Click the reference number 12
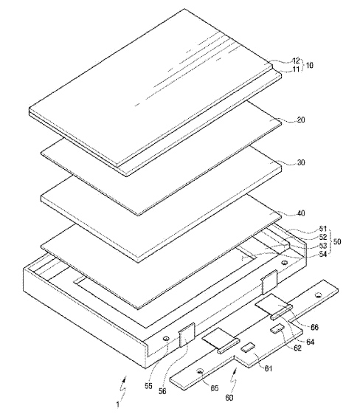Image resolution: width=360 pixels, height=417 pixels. pyautogui.click(x=296, y=61)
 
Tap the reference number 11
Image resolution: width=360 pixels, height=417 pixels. pyautogui.click(x=296, y=69)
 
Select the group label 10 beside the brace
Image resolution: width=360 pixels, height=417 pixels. pyautogui.click(x=310, y=65)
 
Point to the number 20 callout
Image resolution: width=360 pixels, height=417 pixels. pyautogui.click(x=301, y=120)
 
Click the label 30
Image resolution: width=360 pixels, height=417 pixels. pyautogui.click(x=301, y=162)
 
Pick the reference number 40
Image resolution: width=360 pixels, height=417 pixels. pyautogui.click(x=301, y=213)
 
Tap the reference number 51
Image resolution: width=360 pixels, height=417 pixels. pyautogui.click(x=323, y=229)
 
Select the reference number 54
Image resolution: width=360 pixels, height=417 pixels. pyautogui.click(x=323, y=254)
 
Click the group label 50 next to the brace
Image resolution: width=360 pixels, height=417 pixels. pyautogui.click(x=337, y=242)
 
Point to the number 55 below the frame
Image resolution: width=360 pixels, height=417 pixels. pyautogui.click(x=148, y=386)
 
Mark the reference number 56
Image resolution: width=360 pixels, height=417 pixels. pyautogui.click(x=162, y=391)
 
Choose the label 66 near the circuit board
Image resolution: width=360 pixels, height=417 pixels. pyautogui.click(x=314, y=327)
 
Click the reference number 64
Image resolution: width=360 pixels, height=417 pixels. pyautogui.click(x=311, y=342)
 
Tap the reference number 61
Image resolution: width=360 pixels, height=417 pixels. pyautogui.click(x=269, y=368)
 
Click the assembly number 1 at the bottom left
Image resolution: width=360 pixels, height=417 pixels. pyautogui.click(x=117, y=405)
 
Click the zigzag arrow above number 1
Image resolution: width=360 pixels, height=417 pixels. pyautogui.click(x=123, y=388)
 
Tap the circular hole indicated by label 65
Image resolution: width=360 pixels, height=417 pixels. pyautogui.click(x=201, y=371)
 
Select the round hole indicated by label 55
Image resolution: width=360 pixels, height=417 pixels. pyautogui.click(x=166, y=339)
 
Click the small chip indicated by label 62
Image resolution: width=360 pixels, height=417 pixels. pyautogui.click(x=277, y=328)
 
